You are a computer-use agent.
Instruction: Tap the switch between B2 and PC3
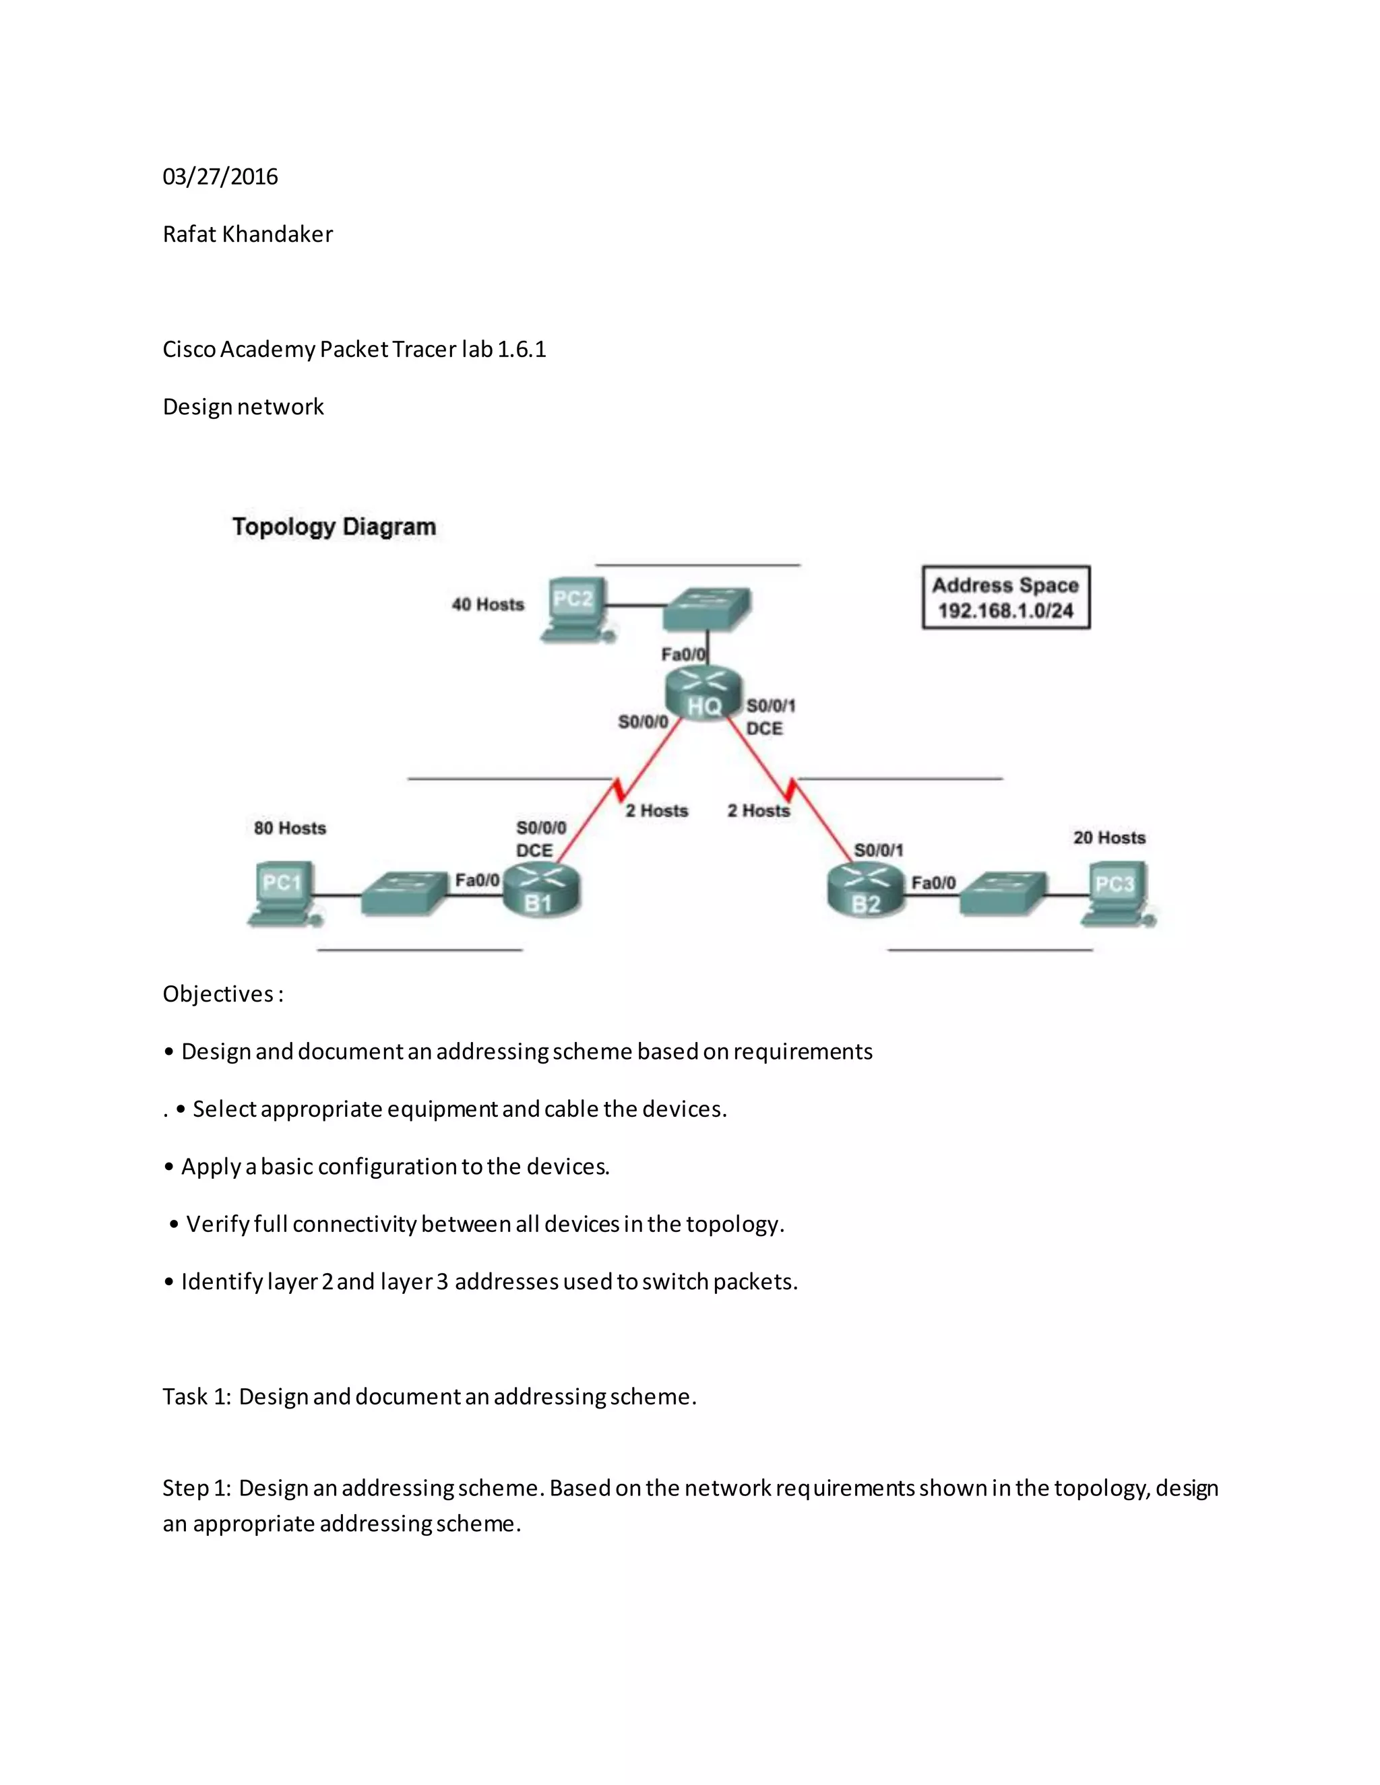coord(1002,894)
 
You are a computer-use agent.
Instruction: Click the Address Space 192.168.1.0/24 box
coord(1005,597)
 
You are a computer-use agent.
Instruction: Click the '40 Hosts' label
coord(488,604)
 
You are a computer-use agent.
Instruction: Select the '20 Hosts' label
coord(1108,838)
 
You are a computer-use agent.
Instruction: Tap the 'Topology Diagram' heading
coord(334,526)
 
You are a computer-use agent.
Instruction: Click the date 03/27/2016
coord(220,176)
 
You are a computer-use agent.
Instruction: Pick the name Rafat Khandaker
coord(248,234)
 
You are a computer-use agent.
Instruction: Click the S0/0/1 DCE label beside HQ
coord(770,717)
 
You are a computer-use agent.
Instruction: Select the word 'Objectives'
coord(218,994)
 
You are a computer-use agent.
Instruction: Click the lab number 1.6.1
coord(522,349)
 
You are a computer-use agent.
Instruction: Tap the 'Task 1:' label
coord(197,1396)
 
